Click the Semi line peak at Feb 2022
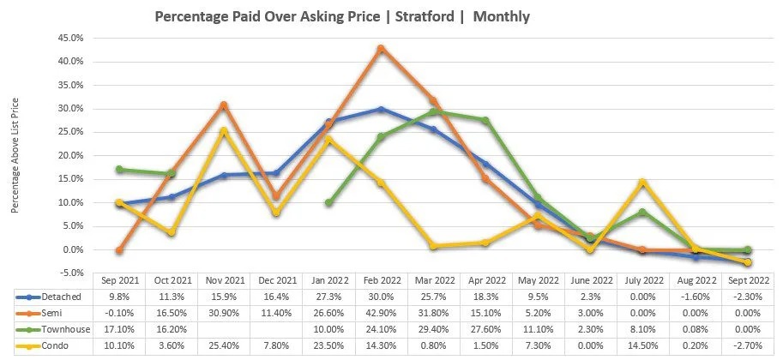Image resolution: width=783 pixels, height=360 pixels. click(381, 48)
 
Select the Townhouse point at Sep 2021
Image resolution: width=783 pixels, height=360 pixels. click(119, 169)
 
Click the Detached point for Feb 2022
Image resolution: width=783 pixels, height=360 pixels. click(381, 109)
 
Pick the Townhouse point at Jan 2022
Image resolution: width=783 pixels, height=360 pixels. click(328, 202)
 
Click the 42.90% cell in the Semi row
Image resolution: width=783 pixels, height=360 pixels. click(381, 312)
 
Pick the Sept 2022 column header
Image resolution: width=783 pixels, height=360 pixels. click(748, 279)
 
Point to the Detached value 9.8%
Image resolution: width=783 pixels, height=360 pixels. click(119, 295)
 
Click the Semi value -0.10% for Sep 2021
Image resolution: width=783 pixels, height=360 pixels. click(119, 312)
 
